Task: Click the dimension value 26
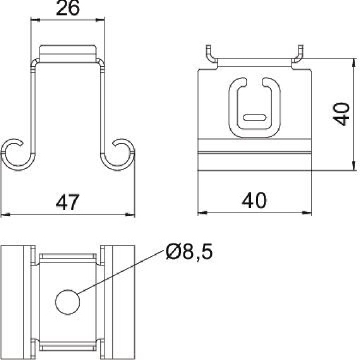pyautogui.click(x=68, y=9)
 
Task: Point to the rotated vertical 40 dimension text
pyautogui.click(x=342, y=114)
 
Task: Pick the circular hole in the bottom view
pyautogui.click(x=68, y=302)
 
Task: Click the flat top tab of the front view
pyautogui.click(x=68, y=52)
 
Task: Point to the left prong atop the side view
pyautogui.click(x=210, y=55)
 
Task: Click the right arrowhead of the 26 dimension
pyautogui.click(x=104, y=21)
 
